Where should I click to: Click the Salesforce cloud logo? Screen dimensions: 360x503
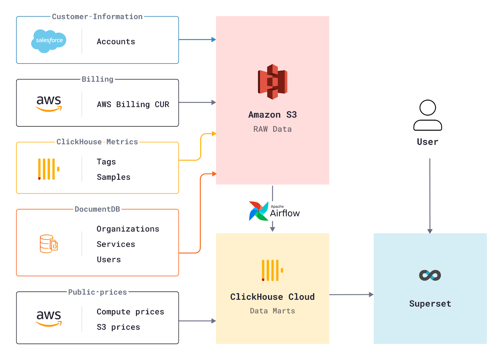pyautogui.click(x=49, y=41)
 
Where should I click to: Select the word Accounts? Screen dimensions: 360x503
pyautogui.click(x=116, y=41)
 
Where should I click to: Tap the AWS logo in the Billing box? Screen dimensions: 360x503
pyautogui.click(x=49, y=103)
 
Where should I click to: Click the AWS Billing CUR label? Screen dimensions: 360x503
pyautogui.click(x=133, y=104)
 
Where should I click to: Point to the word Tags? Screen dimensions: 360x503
pyautogui.click(x=106, y=162)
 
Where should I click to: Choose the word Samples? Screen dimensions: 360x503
pyautogui.click(x=113, y=177)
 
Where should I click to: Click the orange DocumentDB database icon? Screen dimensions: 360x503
pyautogui.click(x=49, y=244)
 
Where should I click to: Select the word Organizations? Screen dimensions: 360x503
pyautogui.click(x=128, y=229)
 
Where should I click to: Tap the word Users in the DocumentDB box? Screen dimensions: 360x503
pyautogui.click(x=108, y=259)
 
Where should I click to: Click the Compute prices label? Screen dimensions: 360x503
pyautogui.click(x=130, y=312)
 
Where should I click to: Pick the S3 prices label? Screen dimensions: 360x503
pyautogui.click(x=118, y=327)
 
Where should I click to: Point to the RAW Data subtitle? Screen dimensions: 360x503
pyautogui.click(x=272, y=129)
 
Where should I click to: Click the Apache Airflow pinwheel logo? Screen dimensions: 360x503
pyautogui.click(x=258, y=211)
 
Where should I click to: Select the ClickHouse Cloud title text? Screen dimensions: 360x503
pyautogui.click(x=272, y=297)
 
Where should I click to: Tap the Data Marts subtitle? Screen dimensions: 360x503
pyautogui.click(x=272, y=311)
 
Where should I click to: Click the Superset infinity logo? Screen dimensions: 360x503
pyautogui.click(x=430, y=275)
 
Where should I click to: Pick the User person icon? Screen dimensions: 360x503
pyautogui.click(x=428, y=115)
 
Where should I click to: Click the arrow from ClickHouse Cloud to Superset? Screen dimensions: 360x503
pyautogui.click(x=351, y=295)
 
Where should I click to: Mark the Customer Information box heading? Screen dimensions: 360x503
pyautogui.click(x=97, y=17)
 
